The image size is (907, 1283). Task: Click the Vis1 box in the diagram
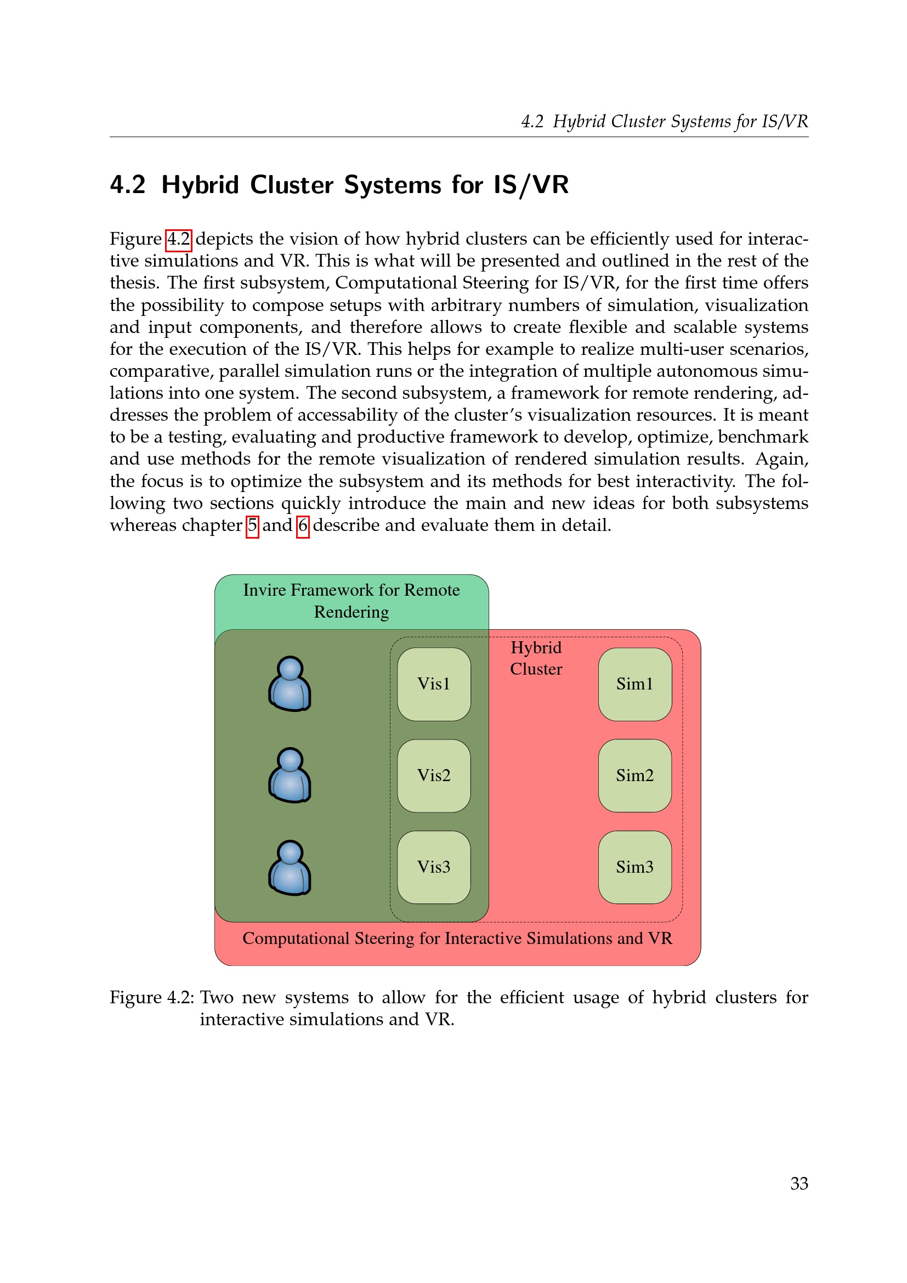coord(433,684)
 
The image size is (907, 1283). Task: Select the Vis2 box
coord(433,776)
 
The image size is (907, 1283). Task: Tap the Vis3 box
coord(433,867)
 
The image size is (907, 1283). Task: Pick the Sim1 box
coord(634,684)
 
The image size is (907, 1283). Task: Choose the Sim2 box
coord(634,776)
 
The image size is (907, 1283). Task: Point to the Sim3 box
coord(634,867)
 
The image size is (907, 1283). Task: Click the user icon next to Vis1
coord(290,683)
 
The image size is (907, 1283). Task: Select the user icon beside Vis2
coord(290,775)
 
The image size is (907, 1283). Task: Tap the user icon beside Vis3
coord(290,867)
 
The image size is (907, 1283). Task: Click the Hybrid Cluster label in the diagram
coord(536,658)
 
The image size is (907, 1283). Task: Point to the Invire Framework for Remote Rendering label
coord(352,601)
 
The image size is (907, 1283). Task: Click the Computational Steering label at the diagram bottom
coord(457,938)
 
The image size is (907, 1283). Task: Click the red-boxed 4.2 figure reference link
coord(179,240)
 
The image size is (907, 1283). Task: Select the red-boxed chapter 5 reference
coord(252,526)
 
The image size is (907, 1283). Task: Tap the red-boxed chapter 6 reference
coord(303,526)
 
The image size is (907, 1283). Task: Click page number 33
coord(798,1184)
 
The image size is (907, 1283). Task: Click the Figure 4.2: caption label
coord(151,997)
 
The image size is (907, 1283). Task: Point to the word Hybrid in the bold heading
coord(200,185)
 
